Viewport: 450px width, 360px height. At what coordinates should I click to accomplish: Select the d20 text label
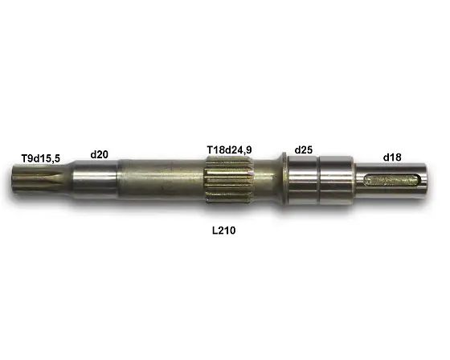tap(100, 153)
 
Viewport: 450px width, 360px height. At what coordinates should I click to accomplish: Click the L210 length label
tap(223, 230)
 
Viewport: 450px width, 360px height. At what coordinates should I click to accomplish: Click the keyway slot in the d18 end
tap(393, 181)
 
